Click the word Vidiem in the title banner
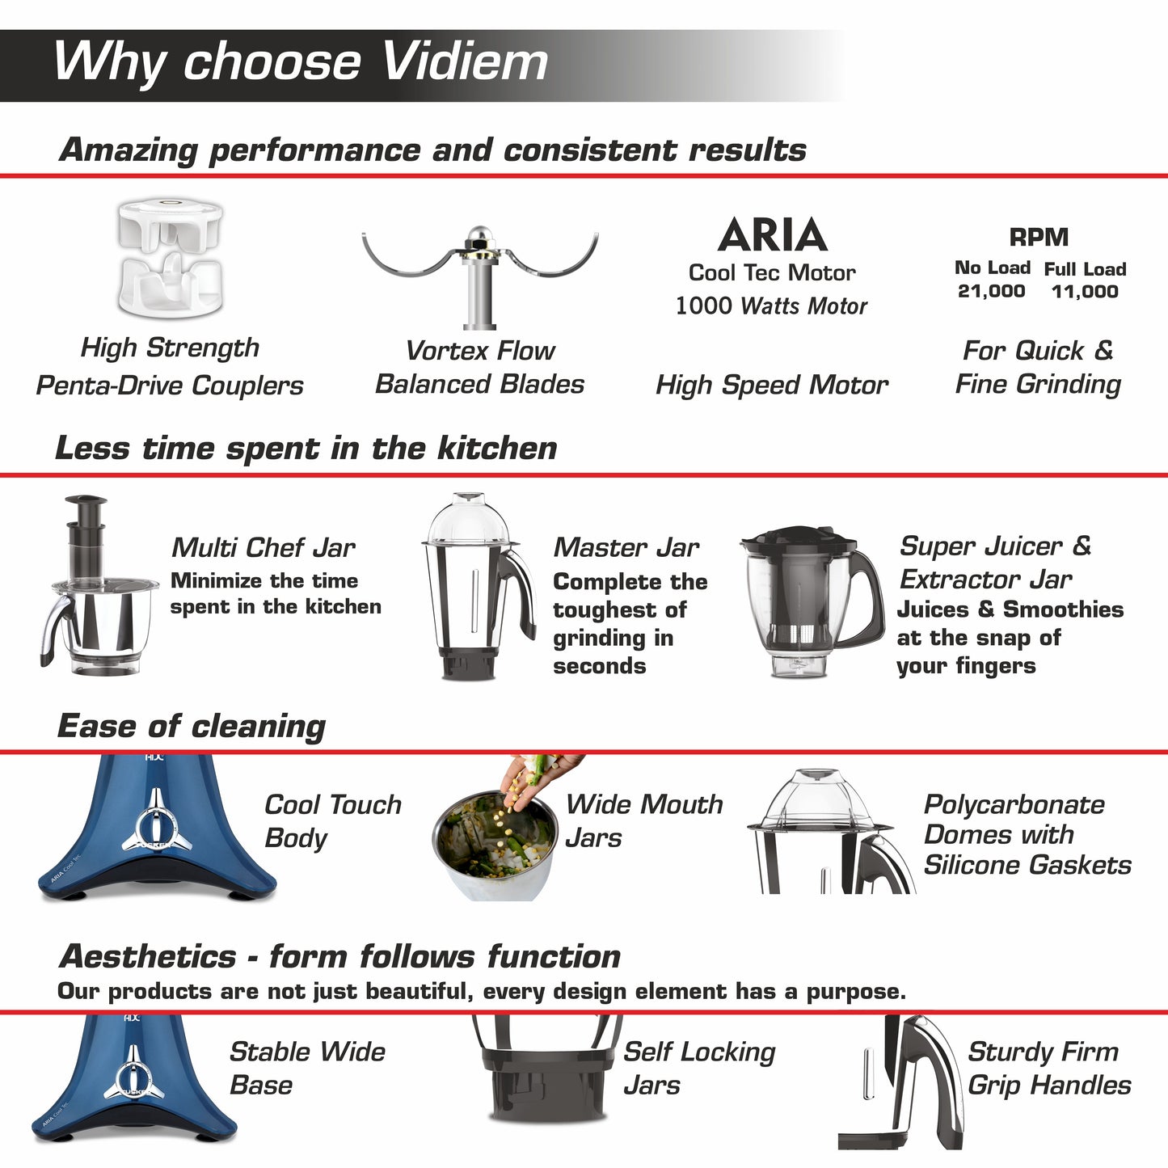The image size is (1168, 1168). [464, 61]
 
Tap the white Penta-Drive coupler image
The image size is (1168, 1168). [170, 259]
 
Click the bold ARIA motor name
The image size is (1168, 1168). [772, 235]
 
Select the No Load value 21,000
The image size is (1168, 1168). [991, 291]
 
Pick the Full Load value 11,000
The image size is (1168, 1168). [1085, 292]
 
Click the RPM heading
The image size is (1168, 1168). [1039, 238]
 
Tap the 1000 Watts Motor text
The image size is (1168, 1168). [771, 306]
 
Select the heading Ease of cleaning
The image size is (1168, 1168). [192, 726]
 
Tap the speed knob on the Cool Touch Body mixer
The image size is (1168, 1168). [154, 829]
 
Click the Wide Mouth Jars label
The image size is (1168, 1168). [643, 820]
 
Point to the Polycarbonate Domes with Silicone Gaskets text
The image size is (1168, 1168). [1027, 835]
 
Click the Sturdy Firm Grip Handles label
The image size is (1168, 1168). [1048, 1068]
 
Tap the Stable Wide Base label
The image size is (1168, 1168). [307, 1068]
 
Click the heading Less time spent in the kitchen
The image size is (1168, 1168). [306, 448]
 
